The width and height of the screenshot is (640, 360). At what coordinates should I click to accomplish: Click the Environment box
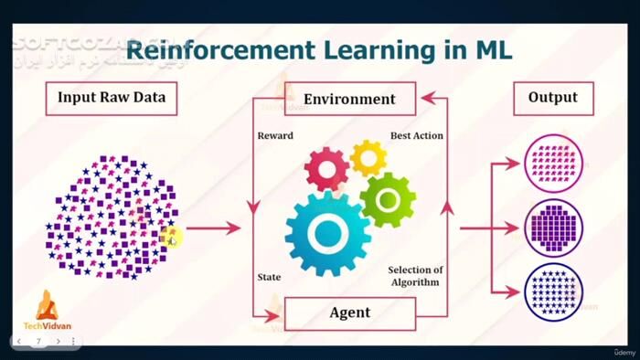tap(349, 98)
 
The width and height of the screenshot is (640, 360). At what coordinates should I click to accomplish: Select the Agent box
tap(349, 312)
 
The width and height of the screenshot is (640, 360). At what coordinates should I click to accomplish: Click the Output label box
tap(553, 98)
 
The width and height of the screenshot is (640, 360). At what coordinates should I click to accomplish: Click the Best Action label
tap(417, 135)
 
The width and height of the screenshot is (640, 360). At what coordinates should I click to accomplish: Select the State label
tap(269, 277)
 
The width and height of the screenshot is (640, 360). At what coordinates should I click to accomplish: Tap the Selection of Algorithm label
tap(415, 275)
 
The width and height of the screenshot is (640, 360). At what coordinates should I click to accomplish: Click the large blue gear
tap(328, 234)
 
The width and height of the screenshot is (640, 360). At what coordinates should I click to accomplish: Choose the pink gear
tap(326, 169)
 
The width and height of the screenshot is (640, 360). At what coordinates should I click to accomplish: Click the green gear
tap(388, 199)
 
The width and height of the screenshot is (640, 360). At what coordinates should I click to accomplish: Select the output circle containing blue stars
tap(553, 291)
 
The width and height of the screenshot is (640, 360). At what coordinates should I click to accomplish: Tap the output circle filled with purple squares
tap(553, 228)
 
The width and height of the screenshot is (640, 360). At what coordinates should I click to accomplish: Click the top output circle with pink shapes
tap(553, 164)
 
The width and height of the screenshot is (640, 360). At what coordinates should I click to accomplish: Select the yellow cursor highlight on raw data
tap(171, 238)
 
